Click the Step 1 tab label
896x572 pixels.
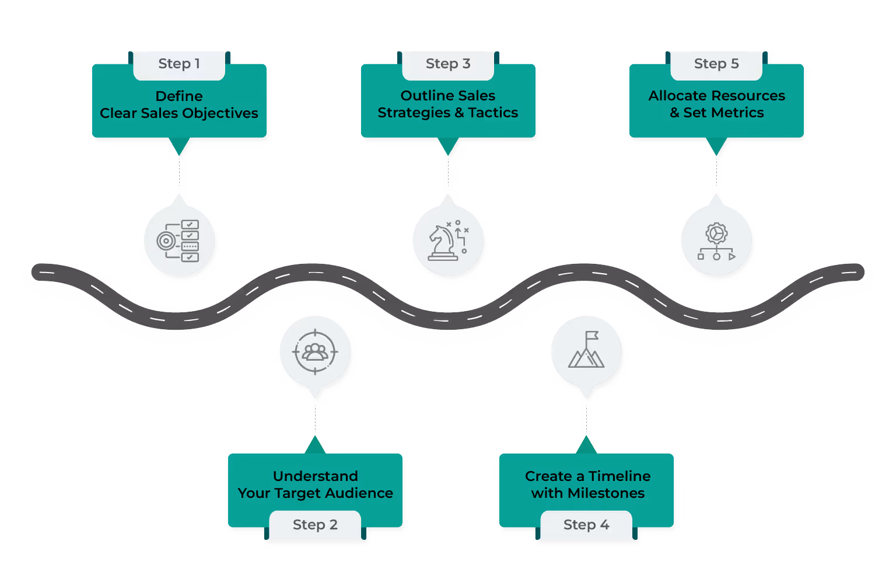click(179, 64)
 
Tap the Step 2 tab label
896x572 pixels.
click(315, 525)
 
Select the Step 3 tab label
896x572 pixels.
click(448, 64)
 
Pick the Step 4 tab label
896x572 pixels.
click(586, 525)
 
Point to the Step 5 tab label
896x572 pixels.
click(716, 64)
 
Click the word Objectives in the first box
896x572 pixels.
click(224, 113)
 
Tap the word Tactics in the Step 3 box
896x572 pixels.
click(493, 113)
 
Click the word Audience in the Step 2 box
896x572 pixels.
click(359, 493)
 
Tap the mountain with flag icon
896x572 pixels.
click(586, 351)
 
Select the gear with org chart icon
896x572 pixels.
click(716, 240)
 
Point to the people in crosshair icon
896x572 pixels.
click(315, 352)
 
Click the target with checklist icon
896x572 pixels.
click(179, 240)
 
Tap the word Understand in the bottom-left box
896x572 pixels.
click(316, 476)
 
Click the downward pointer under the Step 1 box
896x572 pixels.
click(179, 146)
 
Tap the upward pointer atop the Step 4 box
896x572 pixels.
click(586, 446)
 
